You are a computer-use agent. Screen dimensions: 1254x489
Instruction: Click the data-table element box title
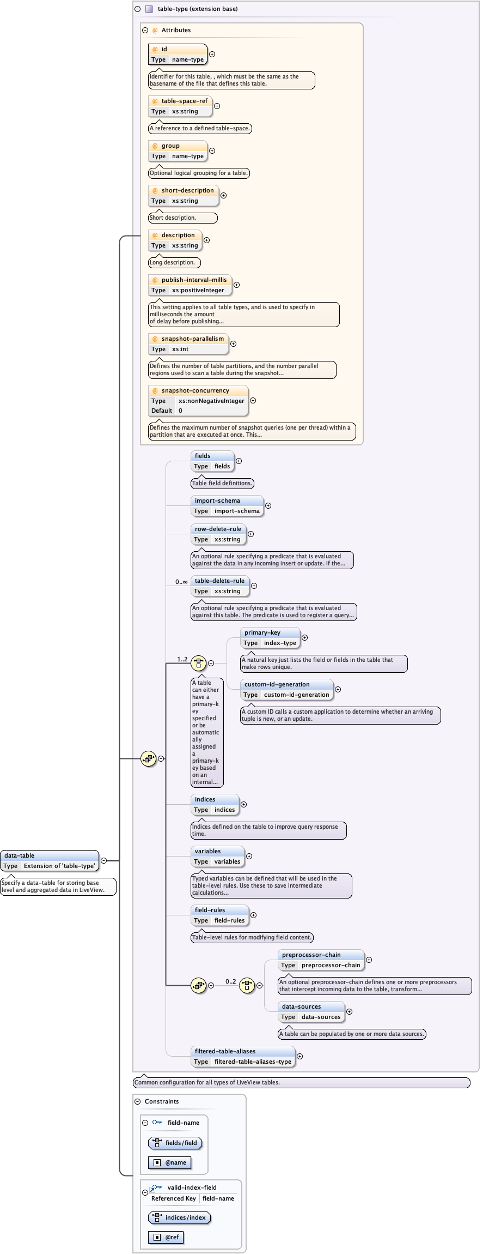20,855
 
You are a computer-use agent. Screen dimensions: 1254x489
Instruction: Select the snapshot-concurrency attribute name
195,390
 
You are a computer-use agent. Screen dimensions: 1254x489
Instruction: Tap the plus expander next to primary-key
304,637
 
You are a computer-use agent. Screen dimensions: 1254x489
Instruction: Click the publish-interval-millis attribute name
194,280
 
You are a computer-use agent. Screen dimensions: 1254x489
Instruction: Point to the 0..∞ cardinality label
181,582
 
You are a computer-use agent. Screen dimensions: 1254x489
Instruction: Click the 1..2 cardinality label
182,659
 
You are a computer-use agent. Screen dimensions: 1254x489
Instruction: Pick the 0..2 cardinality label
231,981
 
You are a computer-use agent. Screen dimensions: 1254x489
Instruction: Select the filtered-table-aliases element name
225,1051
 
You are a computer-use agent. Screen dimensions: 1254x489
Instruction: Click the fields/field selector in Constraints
181,1143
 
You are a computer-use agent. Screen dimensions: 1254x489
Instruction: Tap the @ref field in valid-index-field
172,1237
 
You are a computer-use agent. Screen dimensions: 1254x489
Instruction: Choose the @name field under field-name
175,1162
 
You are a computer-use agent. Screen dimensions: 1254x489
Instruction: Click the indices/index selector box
185,1217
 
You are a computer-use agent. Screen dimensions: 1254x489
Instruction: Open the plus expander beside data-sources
349,1011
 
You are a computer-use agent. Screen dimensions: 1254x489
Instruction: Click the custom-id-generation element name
277,684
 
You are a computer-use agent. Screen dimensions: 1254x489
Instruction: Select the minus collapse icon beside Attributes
145,31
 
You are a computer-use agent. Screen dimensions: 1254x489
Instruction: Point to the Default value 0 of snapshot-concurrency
180,411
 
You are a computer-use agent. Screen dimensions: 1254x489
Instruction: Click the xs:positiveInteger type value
198,290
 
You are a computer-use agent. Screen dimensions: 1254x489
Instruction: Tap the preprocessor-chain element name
311,955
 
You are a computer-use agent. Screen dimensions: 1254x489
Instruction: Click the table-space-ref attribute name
184,101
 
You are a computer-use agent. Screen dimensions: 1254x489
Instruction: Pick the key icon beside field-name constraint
157,1122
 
